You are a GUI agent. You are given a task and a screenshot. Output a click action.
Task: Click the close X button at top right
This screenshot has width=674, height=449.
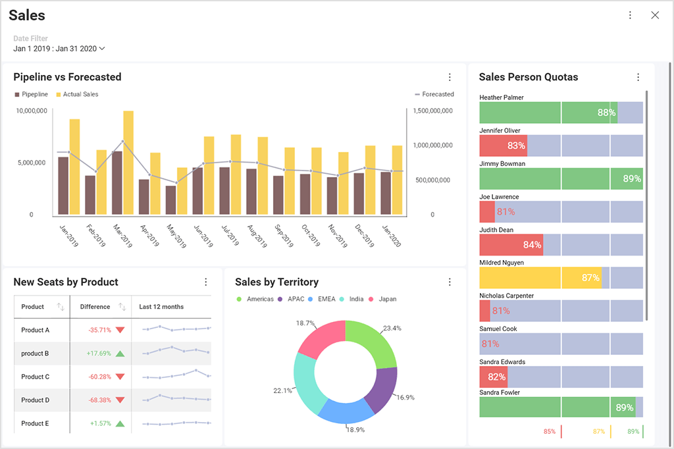click(654, 15)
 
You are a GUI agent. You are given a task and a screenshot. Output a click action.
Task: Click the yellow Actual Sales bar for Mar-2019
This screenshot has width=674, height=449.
click(128, 163)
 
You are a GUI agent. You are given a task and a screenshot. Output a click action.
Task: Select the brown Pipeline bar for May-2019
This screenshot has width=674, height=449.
click(170, 200)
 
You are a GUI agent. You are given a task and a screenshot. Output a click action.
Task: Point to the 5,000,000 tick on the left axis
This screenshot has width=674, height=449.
click(30, 163)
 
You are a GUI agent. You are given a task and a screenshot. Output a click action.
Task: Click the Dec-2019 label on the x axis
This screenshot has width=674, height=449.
click(365, 235)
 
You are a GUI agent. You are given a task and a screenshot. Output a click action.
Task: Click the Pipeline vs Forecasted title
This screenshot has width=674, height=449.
click(67, 77)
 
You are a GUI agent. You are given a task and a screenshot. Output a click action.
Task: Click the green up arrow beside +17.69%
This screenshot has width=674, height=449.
click(120, 354)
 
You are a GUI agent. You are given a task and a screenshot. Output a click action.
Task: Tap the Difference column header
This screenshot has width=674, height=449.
click(95, 307)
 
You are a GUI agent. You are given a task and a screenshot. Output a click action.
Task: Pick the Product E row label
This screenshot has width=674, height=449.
click(36, 423)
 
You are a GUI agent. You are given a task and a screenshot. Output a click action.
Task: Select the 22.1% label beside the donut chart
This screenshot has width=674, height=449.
click(282, 390)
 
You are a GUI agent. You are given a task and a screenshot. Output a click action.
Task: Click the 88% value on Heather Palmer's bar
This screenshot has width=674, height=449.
click(606, 113)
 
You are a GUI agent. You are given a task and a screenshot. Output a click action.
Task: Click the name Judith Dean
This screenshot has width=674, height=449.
click(496, 230)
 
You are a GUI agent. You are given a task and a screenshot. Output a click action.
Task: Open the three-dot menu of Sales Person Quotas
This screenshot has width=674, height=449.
click(638, 77)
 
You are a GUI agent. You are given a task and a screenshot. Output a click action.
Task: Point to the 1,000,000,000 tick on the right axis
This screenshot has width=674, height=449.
click(432, 145)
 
